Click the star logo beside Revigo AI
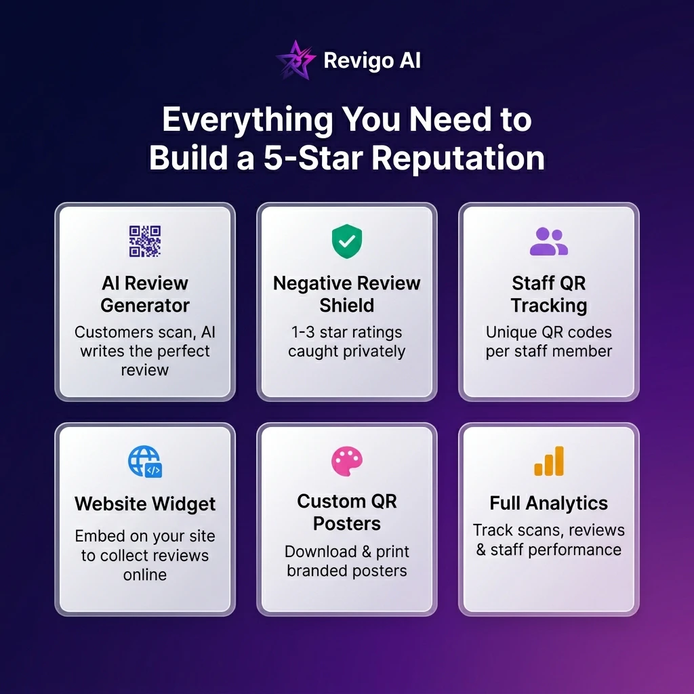tap(295, 60)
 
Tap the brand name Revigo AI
tap(372, 60)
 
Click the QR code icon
tap(145, 241)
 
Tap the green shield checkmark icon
tap(347, 241)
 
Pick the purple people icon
tap(549, 241)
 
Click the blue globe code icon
tap(145, 462)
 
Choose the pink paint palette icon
tap(347, 461)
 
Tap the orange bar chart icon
tap(549, 461)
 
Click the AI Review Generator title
tap(145, 294)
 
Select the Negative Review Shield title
tap(347, 294)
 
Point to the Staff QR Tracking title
tap(549, 294)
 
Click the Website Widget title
tap(145, 504)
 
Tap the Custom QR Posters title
tap(347, 512)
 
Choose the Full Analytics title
tap(549, 504)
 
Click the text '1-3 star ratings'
tap(346, 332)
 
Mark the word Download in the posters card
tap(321, 552)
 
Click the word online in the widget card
tap(145, 575)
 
